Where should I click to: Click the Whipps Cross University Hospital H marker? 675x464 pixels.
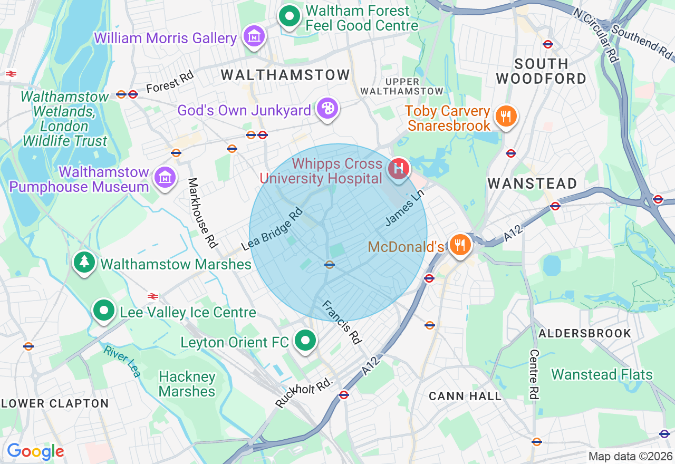pos(399,169)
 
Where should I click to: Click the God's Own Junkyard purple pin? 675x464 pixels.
pos(327,109)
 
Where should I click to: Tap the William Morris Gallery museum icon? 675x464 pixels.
pos(255,36)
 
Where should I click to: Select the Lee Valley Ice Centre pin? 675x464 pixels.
pos(104,311)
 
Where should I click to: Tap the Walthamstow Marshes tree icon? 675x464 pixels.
pos(84,262)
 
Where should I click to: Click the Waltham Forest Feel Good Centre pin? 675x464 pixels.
pos(289,16)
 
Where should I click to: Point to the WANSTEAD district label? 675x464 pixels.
pos(532,183)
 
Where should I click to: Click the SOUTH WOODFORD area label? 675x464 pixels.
pos(542,71)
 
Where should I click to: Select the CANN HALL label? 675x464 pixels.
pos(465,396)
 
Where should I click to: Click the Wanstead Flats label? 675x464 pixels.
pos(602,375)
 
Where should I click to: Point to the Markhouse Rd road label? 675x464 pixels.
pos(203,212)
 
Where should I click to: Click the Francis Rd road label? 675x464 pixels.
pos(342,322)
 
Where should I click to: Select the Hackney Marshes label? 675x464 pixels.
pos(187,384)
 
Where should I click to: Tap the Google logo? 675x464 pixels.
pos(35,451)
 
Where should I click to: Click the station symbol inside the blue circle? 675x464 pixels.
pos(330,265)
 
